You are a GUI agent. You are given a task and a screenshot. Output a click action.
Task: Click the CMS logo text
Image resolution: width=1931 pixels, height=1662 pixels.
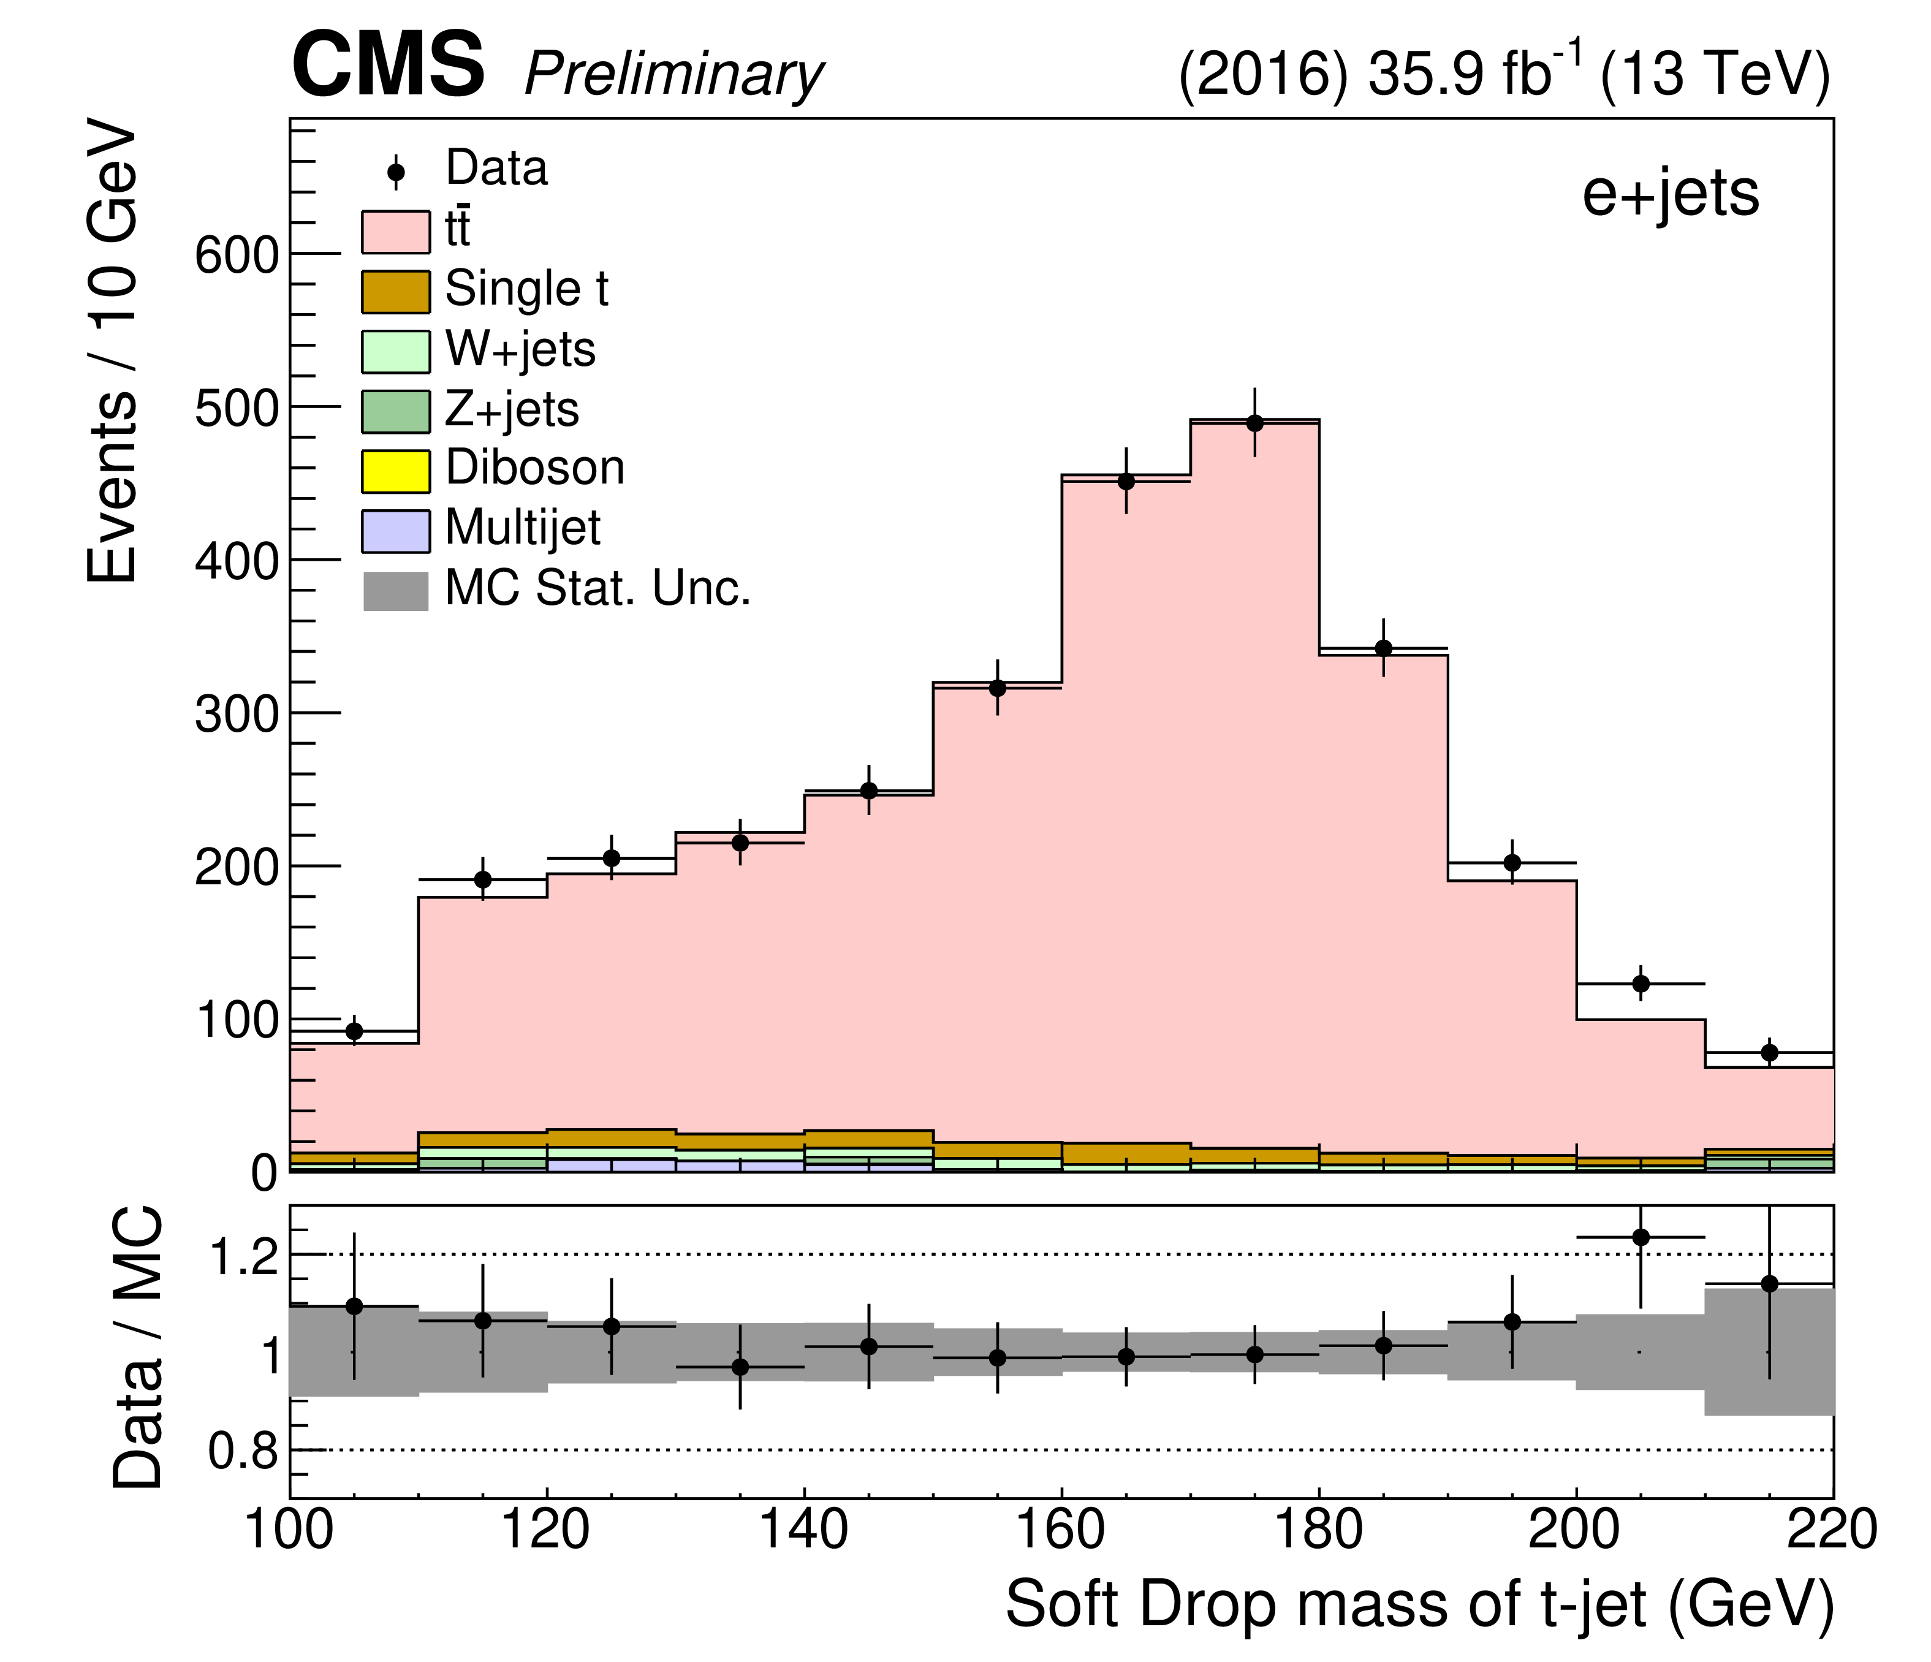click(388, 65)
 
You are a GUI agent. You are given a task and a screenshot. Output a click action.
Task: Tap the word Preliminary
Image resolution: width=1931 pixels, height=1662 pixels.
click(674, 75)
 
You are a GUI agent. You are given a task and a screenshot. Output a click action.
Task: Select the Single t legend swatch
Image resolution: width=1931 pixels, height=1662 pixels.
click(396, 292)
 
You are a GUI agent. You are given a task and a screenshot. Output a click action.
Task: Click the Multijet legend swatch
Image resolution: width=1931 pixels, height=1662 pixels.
click(396, 530)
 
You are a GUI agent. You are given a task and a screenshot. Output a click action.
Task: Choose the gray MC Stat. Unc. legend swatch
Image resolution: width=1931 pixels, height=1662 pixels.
click(396, 591)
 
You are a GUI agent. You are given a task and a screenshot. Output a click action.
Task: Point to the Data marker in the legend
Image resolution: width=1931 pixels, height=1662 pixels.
click(396, 172)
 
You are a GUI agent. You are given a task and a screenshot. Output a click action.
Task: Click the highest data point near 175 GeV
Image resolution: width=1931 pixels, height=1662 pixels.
click(1254, 423)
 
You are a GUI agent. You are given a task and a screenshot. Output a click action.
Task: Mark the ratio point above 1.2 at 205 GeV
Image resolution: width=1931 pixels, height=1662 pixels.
click(1641, 1237)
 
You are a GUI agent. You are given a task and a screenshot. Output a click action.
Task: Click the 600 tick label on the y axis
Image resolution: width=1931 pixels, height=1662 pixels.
click(237, 254)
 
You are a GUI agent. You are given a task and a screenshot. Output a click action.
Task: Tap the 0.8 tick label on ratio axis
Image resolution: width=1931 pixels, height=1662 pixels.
click(242, 1451)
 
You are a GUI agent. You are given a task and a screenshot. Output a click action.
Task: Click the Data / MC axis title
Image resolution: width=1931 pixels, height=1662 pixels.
click(138, 1348)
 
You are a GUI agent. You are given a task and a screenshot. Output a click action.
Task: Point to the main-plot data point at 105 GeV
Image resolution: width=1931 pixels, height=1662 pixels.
click(354, 1031)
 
